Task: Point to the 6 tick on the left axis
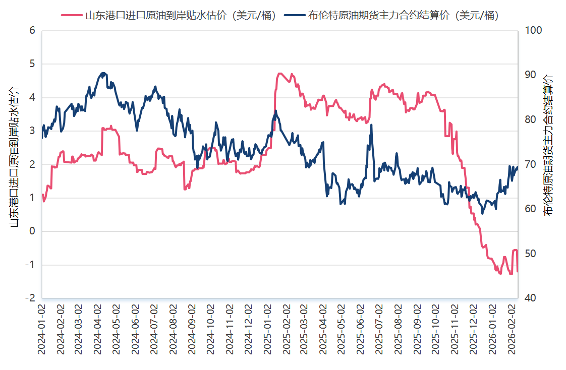click(x=32, y=30)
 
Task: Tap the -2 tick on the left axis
click(x=30, y=298)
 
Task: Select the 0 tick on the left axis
click(x=32, y=231)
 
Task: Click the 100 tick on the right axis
click(x=533, y=30)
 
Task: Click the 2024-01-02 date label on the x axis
click(x=42, y=328)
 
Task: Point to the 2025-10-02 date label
click(x=438, y=328)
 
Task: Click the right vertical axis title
click(x=548, y=146)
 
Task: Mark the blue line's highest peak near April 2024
click(x=103, y=73)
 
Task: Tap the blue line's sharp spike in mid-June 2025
click(x=371, y=125)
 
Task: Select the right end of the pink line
click(x=517, y=271)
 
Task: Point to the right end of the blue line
click(x=517, y=167)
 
